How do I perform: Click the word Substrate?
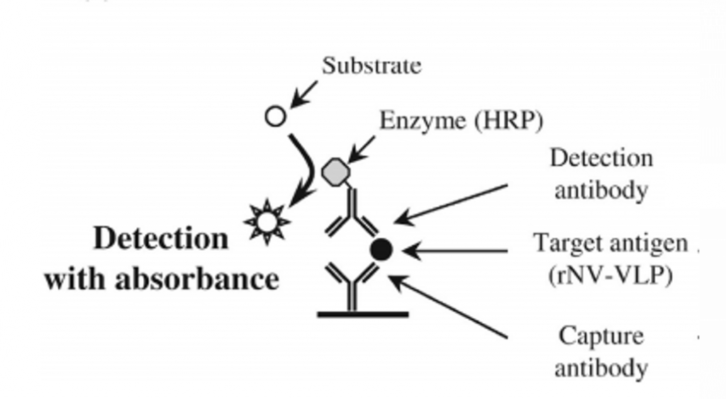click(372, 66)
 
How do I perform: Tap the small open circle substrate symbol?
click(275, 116)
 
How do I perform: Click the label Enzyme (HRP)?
click(461, 120)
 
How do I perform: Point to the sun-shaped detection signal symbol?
click(267, 222)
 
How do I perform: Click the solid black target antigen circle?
click(381, 249)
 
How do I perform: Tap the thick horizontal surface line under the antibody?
click(362, 313)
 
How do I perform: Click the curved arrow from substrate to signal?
click(307, 167)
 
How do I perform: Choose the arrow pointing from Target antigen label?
click(457, 250)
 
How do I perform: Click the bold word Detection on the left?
click(162, 239)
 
